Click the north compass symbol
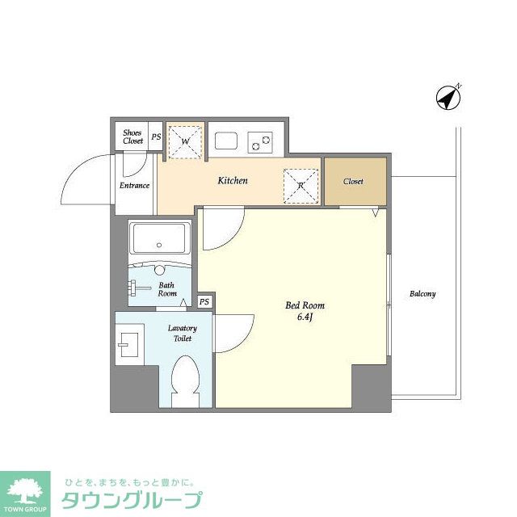coord(448,99)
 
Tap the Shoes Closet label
coord(132,137)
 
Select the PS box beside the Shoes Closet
coord(156,137)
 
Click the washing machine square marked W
coord(185,141)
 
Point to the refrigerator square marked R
coord(301,186)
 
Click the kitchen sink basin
coord(226,141)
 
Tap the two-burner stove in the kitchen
coord(260,142)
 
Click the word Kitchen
coord(233,181)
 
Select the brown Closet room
coord(355,181)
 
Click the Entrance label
coord(135,186)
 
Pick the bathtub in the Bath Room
coord(160,238)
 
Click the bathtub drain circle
coord(159,245)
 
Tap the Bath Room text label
coord(167,289)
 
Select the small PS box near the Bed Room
coord(204,301)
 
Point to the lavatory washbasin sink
coord(129,345)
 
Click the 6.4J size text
coord(305,317)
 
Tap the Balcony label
coord(422,293)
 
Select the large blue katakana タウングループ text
coord(132,501)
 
